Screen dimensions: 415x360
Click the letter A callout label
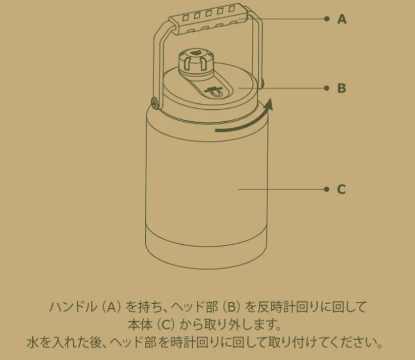point(342,19)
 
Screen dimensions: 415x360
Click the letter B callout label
point(342,88)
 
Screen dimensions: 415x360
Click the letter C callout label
point(341,189)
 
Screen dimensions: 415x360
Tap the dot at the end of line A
point(327,19)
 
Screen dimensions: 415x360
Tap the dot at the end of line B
point(327,88)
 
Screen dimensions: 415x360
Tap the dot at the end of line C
point(327,189)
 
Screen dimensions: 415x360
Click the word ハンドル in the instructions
point(73,307)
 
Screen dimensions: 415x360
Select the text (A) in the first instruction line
point(111,307)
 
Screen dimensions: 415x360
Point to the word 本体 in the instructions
point(140,325)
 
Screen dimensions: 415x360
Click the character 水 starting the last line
point(33,342)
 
